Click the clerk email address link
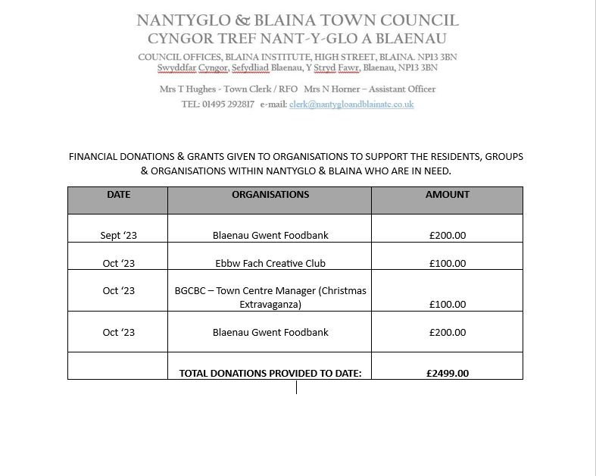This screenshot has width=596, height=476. click(x=351, y=105)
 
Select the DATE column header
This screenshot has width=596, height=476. click(x=118, y=195)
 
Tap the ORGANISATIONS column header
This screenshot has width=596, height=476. click(x=270, y=195)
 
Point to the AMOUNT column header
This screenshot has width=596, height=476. click(x=447, y=195)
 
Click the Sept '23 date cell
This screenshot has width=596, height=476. click(x=118, y=236)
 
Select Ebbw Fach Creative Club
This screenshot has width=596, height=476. click(x=270, y=264)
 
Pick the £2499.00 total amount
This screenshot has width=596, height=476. click(x=447, y=373)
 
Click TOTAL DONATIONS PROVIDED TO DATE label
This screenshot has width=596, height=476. click(x=270, y=373)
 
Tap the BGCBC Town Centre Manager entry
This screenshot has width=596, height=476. click(x=270, y=297)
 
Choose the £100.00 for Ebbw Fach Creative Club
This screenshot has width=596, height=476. click(x=447, y=264)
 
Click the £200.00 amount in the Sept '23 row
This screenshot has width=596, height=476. click(x=447, y=236)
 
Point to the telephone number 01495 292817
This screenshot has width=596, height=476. click(x=228, y=105)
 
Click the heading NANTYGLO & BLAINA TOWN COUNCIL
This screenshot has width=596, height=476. click(x=298, y=20)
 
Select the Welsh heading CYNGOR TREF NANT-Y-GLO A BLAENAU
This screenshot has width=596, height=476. click(x=298, y=39)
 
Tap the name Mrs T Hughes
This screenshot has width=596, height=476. click(x=188, y=89)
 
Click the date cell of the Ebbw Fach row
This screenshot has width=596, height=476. click(x=118, y=264)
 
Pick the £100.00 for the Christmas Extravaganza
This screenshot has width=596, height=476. click(x=447, y=305)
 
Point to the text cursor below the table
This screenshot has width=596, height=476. click(x=296, y=387)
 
